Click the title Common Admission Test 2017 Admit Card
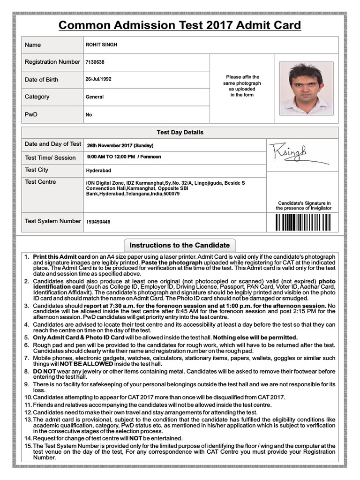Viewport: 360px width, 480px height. pos(180,25)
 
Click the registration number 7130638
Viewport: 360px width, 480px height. pos(95,62)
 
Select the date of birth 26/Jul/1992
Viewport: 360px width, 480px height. pos(98,79)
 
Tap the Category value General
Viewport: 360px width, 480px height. pos(95,97)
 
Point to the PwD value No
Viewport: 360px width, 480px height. pos(89,114)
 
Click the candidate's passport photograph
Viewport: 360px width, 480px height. pos(306,89)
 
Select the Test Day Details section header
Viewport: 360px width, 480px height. pos(180,133)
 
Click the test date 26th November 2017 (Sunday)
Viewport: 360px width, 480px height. pos(120,145)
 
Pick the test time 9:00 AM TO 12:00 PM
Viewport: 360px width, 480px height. pos(111,157)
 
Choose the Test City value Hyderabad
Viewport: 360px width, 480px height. pos(98,171)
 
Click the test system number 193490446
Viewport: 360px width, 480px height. pos(98,222)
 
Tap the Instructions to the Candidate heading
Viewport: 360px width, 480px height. pos(180,245)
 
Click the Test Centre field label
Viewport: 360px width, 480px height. pos(40,182)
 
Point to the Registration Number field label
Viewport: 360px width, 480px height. pos(52,62)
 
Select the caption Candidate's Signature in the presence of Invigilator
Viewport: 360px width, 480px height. pos(303,205)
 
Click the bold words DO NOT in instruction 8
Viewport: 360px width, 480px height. pos(45,371)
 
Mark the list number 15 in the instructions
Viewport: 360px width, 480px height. pos(28,446)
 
